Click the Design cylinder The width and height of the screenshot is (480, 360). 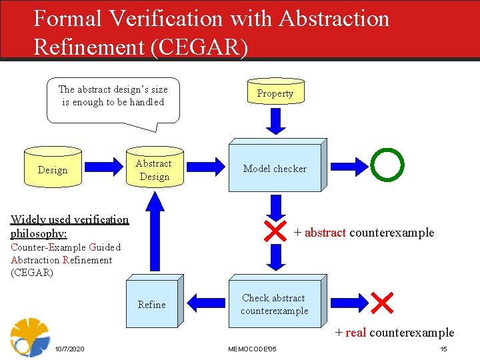(53, 170)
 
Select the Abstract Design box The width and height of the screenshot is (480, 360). (153, 170)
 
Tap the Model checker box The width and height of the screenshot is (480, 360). (275, 169)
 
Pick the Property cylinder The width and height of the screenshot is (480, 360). (275, 93)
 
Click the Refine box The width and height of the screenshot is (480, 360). (152, 304)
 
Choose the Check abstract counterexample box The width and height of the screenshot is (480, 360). (274, 304)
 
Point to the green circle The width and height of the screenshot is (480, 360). (387, 165)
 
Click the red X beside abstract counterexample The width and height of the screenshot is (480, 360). (275, 232)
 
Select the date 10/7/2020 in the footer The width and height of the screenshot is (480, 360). (69, 349)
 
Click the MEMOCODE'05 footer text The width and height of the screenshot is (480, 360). (252, 349)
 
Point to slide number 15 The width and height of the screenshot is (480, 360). (443, 349)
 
